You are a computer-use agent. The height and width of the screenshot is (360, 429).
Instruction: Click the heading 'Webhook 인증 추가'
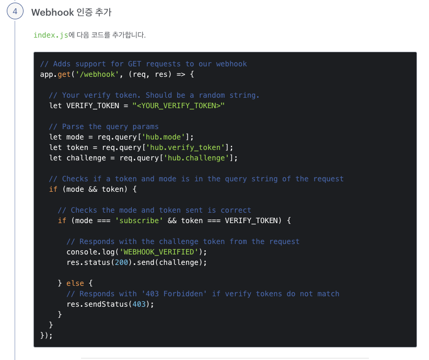click(x=71, y=12)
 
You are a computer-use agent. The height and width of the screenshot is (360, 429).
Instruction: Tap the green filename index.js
click(x=51, y=35)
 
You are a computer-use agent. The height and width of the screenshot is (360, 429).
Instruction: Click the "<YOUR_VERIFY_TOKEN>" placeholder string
click(x=178, y=106)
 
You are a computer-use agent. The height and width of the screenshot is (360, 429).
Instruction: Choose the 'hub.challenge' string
click(x=198, y=158)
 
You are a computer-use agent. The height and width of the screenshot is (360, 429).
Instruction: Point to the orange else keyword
click(x=75, y=283)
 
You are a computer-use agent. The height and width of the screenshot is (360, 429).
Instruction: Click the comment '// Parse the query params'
click(x=103, y=126)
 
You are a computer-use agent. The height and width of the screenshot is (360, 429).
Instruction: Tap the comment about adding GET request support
click(x=143, y=64)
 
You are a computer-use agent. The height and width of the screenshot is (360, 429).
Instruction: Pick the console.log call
click(x=84, y=252)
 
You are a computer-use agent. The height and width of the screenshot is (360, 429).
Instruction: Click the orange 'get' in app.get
click(x=64, y=74)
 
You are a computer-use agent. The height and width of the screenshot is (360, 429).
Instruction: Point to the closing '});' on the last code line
click(x=47, y=335)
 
